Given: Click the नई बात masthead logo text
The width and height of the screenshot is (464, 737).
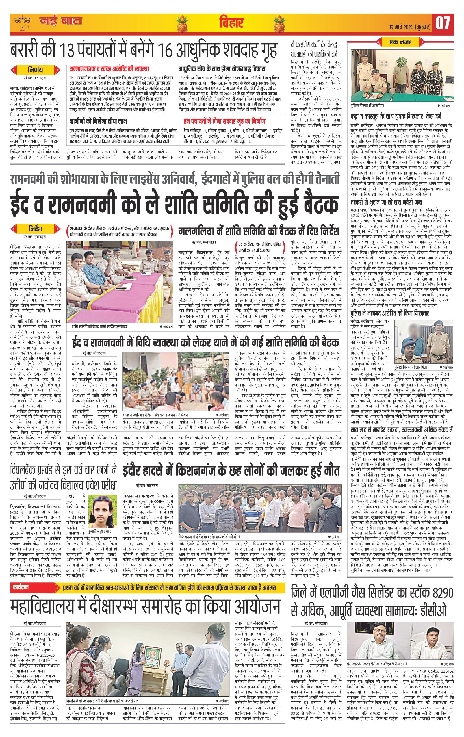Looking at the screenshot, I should [x=61, y=21].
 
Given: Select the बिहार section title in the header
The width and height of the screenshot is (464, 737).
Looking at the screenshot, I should [x=231, y=23].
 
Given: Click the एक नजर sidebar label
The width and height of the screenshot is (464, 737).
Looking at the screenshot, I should [x=400, y=42].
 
